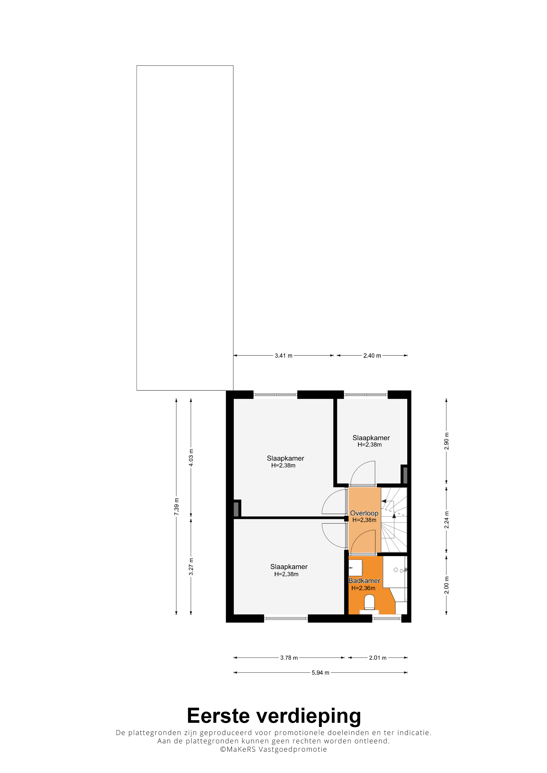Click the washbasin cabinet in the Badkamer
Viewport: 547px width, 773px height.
[x=355, y=568]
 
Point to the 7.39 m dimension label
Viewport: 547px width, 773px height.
[x=177, y=506]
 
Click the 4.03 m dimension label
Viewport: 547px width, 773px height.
[x=191, y=458]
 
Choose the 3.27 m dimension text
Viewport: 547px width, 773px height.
[x=191, y=567]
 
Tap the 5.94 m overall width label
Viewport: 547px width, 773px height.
[x=320, y=673]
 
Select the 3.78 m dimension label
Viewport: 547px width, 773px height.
[x=289, y=657]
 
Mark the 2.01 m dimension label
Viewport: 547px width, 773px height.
[x=378, y=657]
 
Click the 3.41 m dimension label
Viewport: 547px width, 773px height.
[x=283, y=355]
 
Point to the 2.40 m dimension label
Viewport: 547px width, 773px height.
[x=372, y=355]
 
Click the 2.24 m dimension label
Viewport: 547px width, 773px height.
[x=446, y=520]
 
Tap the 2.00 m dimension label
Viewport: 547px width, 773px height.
[x=446, y=585]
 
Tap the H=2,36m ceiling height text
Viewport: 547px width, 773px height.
[x=363, y=588]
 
